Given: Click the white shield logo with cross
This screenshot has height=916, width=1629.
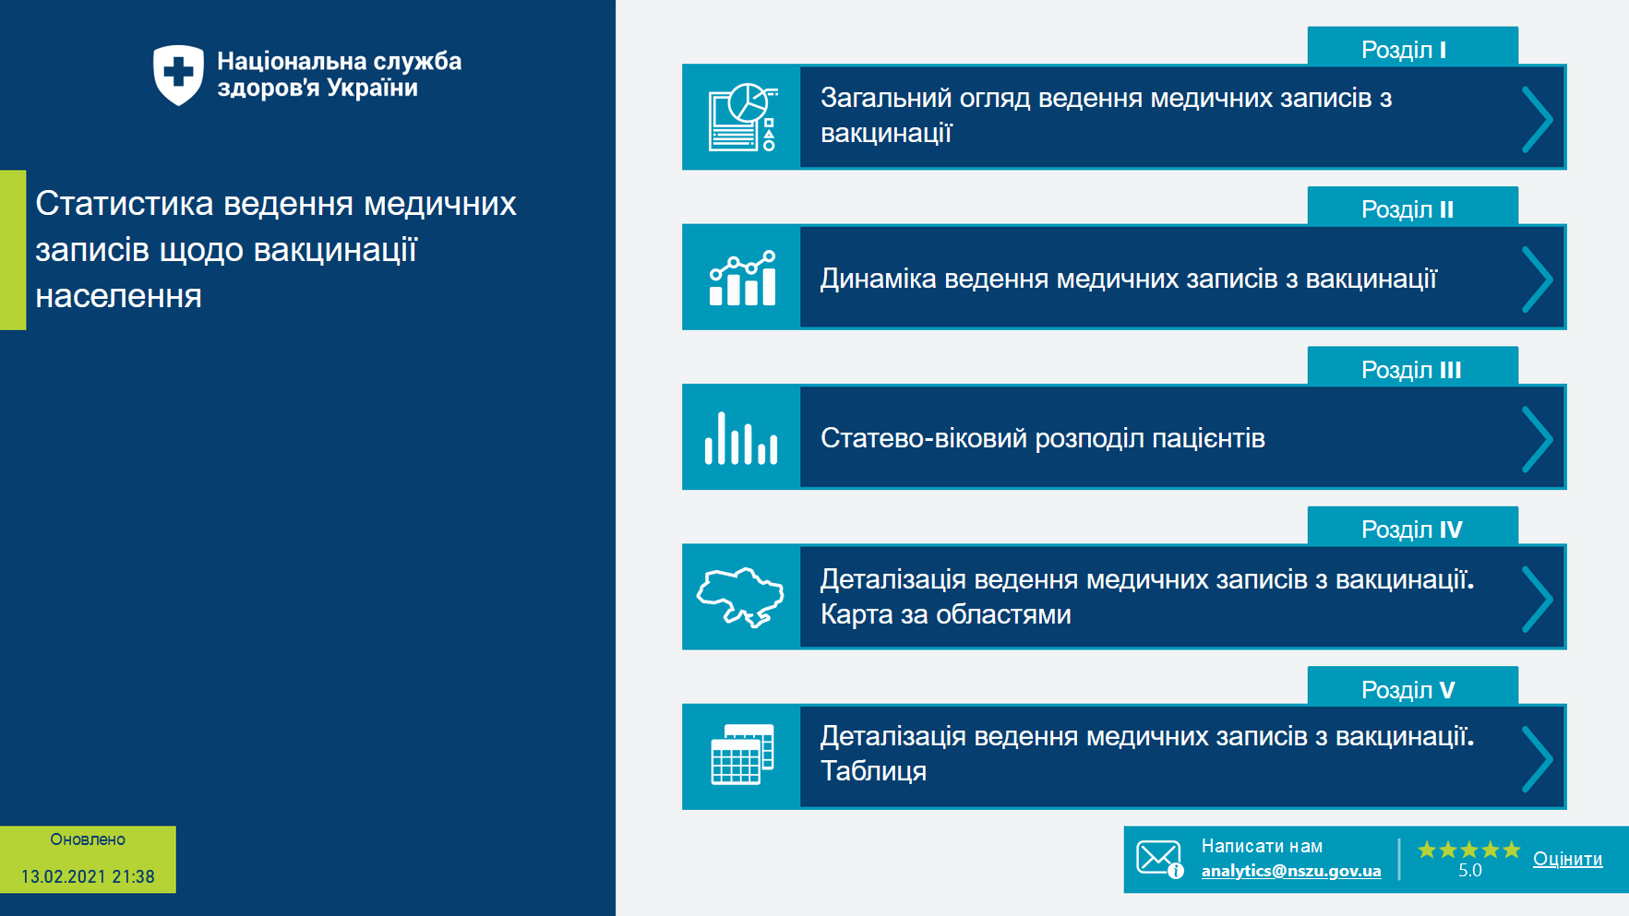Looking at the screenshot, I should [178, 75].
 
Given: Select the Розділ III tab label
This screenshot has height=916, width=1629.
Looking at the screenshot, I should [1411, 369].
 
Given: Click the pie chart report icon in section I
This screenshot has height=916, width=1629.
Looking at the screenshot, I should [742, 117].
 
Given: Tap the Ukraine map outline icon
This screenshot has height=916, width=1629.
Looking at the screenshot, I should [740, 598].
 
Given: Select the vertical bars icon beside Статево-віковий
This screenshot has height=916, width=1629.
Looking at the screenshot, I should [741, 438].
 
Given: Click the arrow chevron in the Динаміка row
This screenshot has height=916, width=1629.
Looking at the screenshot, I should [1537, 279].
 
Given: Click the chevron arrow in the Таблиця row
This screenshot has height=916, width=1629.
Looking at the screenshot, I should [1537, 758].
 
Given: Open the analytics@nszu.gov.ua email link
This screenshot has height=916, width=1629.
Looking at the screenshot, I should [1290, 871].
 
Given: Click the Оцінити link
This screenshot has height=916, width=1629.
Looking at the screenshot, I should [1567, 859].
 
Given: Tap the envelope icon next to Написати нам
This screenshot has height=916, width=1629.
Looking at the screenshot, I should [1158, 859].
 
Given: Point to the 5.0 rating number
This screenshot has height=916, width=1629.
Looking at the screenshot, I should [1469, 871].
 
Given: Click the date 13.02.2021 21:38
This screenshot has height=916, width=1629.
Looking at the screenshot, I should [88, 876].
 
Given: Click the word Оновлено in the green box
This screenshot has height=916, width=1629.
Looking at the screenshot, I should [88, 839].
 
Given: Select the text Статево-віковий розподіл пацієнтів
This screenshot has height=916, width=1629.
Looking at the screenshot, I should [1042, 438].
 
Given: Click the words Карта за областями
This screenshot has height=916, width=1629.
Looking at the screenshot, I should [945, 614].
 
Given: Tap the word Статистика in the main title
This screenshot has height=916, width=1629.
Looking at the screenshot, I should [125, 203].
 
